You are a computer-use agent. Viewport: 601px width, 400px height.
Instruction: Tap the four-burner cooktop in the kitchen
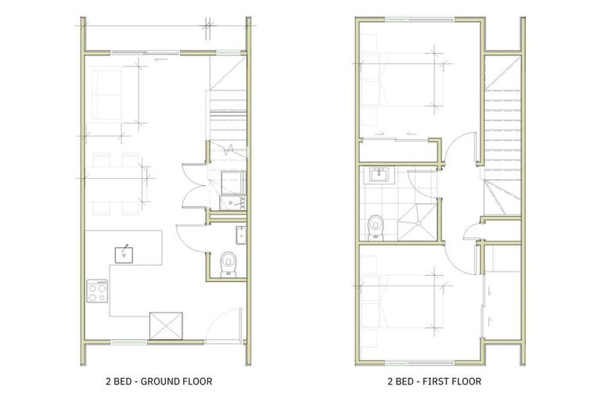[96, 292]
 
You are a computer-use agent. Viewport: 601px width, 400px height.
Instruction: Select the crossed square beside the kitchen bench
[166, 327]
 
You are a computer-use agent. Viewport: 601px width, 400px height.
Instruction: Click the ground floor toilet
[228, 263]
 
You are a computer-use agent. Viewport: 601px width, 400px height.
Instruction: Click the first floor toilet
[376, 226]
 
